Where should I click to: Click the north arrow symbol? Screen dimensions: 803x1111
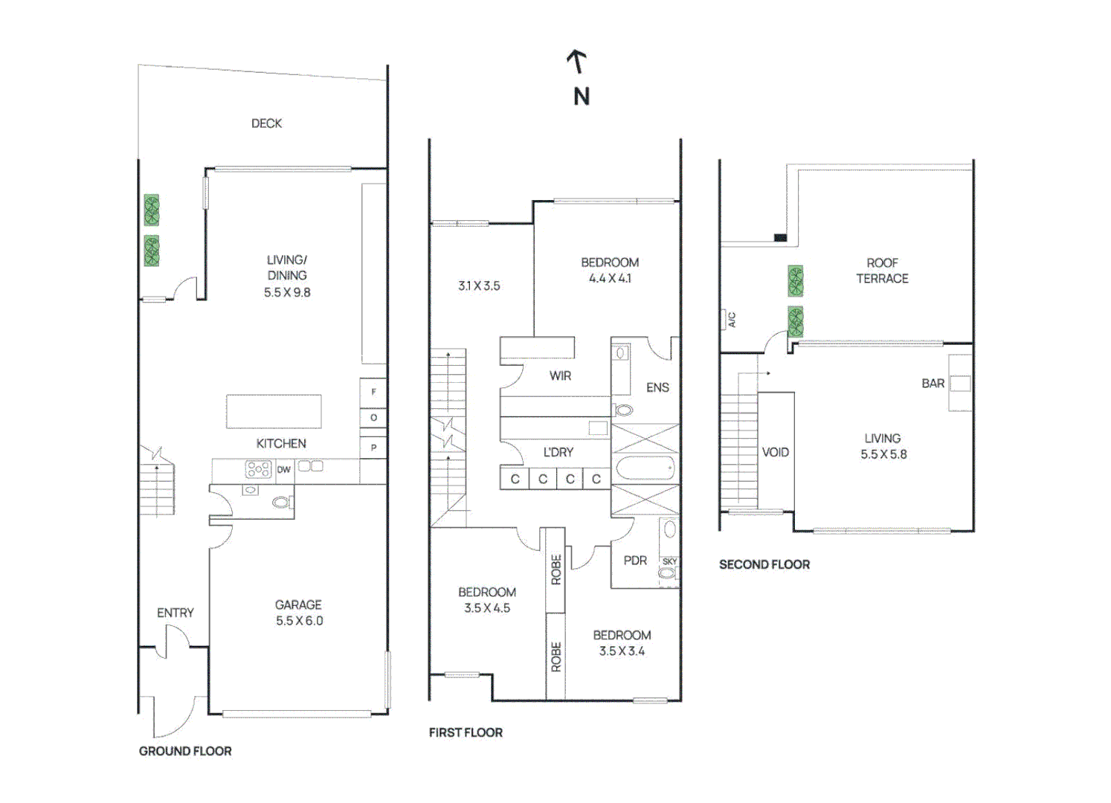[578, 62]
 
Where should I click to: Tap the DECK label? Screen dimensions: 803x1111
[266, 123]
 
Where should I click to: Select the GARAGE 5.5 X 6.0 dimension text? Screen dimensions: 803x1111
[299, 621]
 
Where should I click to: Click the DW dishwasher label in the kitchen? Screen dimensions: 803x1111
[283, 470]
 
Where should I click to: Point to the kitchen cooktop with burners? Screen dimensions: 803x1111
[258, 469]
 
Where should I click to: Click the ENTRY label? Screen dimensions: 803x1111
[175, 613]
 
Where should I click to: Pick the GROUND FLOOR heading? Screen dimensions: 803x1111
[185, 751]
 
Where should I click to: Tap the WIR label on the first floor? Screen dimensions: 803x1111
[560, 376]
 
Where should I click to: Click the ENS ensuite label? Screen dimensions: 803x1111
[657, 387]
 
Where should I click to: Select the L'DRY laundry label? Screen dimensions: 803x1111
[558, 452]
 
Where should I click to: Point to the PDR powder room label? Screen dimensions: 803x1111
[635, 561]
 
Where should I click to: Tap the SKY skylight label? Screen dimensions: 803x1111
[669, 561]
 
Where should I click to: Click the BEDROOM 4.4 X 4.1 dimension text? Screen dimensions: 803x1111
[610, 279]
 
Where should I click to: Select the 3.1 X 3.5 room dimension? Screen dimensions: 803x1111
[479, 286]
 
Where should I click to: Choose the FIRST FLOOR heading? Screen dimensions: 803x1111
[466, 732]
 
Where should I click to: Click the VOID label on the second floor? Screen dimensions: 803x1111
[775, 452]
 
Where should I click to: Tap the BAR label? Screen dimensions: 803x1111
[933, 384]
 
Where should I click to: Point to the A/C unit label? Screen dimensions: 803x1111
[731, 320]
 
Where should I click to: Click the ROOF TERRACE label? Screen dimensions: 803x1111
[882, 271]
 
